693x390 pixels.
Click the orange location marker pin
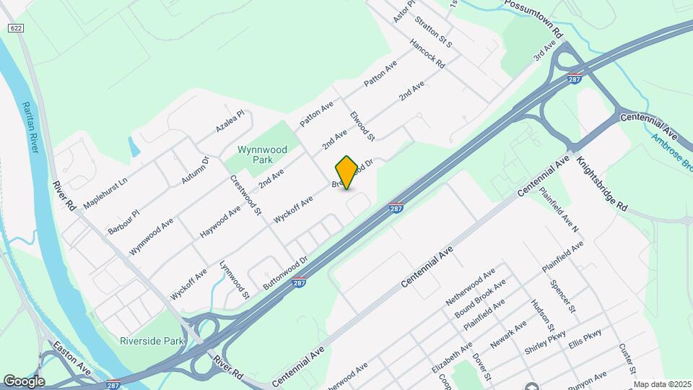[x=346, y=172]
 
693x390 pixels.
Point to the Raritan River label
[x=30, y=126]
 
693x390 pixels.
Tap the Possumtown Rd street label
[x=533, y=18]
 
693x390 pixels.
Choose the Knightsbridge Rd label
[x=602, y=183]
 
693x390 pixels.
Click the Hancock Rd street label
[x=427, y=53]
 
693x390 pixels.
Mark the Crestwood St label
[x=245, y=196]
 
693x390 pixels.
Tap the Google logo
[x=24, y=381]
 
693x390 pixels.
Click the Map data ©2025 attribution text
[x=661, y=384]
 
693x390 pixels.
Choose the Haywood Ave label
[x=220, y=222]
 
